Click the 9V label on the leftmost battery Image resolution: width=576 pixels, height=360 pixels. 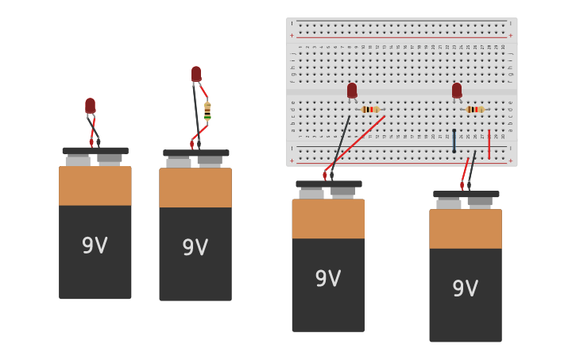tap(95, 246)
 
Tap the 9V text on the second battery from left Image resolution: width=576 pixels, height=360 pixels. tap(195, 247)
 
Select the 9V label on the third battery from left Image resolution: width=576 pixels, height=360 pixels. tap(328, 278)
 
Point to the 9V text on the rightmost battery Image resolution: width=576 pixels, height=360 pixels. tap(466, 288)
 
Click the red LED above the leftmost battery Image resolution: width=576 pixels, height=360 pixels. tap(91, 106)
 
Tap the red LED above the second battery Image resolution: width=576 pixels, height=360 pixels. tap(196, 74)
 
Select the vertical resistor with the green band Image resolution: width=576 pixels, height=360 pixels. tap(207, 111)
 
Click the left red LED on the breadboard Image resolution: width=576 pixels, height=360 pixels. tap(352, 91)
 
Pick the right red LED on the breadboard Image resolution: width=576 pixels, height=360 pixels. tap(457, 91)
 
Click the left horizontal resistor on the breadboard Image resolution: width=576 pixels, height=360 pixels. tap(370, 109)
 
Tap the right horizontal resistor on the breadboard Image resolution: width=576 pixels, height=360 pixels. tap(475, 109)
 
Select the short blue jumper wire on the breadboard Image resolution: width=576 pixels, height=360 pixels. tap(454, 141)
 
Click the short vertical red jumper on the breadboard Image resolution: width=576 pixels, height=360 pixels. tap(489, 144)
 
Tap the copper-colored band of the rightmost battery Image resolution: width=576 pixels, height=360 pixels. tap(466, 229)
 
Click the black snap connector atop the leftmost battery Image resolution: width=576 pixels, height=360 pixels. tap(95, 150)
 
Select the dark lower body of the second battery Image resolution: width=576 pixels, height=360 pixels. tap(195, 270)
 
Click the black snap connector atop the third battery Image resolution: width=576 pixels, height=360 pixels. tap(329, 184)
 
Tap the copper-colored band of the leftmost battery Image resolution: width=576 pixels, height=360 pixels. tap(95, 186)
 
